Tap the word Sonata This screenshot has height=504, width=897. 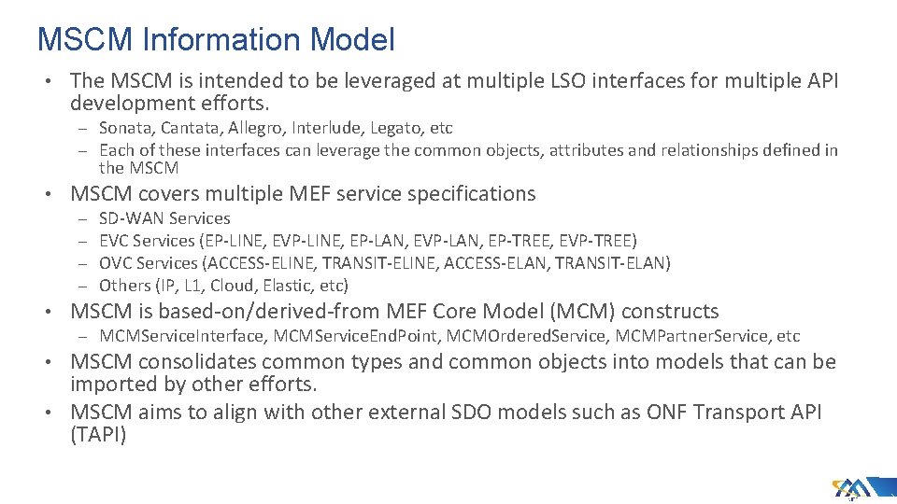click(x=126, y=128)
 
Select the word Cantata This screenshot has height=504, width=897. click(x=192, y=128)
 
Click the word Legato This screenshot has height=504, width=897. click(x=392, y=128)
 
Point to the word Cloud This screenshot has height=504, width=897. click(x=232, y=286)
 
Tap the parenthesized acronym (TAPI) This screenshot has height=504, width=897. click(x=98, y=434)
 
